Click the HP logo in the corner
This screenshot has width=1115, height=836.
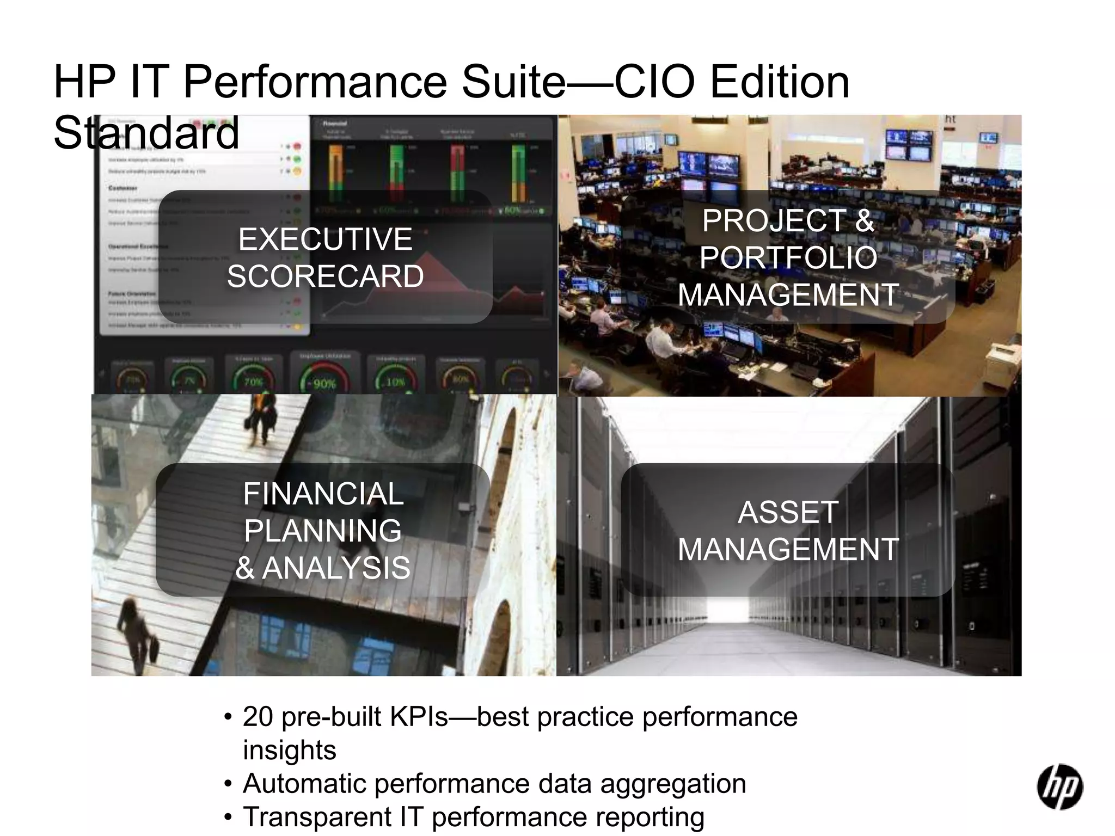(1059, 786)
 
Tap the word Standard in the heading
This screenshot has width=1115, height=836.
(146, 133)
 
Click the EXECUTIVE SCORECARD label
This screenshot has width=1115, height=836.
(325, 257)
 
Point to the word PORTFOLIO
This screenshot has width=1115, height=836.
(788, 257)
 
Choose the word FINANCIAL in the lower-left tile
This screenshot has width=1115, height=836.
(323, 494)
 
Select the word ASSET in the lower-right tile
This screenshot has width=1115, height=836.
(788, 512)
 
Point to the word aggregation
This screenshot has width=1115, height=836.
(673, 784)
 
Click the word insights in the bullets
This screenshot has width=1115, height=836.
(289, 750)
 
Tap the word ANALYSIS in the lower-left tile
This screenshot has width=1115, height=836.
(336, 568)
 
